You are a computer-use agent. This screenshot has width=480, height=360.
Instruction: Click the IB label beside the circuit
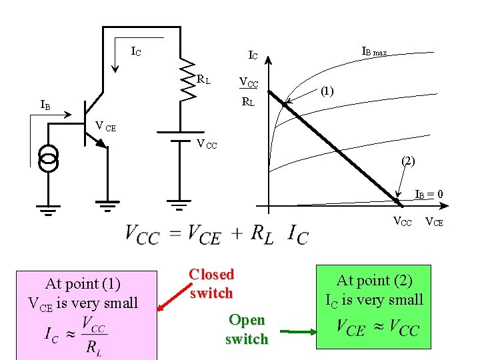(45, 105)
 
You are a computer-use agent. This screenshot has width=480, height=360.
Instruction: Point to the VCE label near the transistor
(105, 125)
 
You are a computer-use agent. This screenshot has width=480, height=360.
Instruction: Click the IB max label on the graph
(374, 51)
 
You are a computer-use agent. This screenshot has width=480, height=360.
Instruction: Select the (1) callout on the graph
(327, 91)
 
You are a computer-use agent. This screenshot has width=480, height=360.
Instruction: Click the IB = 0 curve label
(429, 195)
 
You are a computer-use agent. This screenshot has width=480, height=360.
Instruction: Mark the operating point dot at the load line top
(285, 105)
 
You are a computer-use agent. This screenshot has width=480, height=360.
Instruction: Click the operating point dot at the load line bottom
(396, 199)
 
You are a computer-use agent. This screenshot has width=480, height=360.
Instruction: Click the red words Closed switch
(211, 283)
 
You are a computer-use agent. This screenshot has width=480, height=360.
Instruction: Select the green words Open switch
(246, 329)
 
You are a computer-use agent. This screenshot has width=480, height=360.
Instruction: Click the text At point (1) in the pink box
(83, 283)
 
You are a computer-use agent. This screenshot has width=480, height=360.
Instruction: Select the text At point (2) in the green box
(374, 281)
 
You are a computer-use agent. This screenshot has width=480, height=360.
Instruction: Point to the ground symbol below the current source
(48, 209)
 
